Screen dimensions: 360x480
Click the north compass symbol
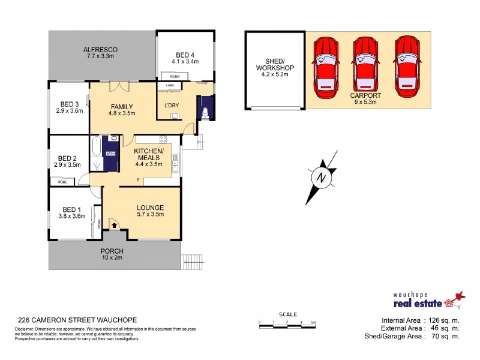321,179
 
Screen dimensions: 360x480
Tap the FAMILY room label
121,107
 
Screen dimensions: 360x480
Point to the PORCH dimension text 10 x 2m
112,258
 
